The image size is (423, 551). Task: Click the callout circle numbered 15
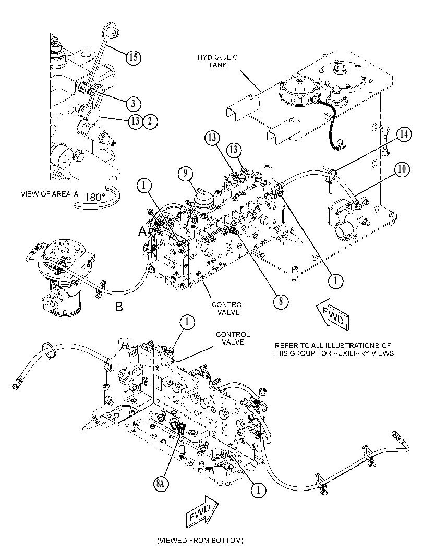[x=134, y=57]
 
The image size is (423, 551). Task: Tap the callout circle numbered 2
[x=150, y=121]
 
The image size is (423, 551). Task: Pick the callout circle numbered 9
[x=186, y=173]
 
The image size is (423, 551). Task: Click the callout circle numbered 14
[x=404, y=134]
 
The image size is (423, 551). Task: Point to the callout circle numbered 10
[x=402, y=169]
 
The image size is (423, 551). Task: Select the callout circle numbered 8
[x=281, y=301]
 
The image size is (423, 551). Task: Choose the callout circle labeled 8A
[x=160, y=484]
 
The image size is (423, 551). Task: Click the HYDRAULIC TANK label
[x=217, y=61]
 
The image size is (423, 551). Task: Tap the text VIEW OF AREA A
[x=50, y=194]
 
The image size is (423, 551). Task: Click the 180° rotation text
[x=92, y=197]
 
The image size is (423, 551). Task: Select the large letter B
[x=119, y=307]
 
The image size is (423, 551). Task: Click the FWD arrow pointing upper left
[x=333, y=315]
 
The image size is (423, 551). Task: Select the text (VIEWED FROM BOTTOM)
[x=200, y=540]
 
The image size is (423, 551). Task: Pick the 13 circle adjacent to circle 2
[x=136, y=121]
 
